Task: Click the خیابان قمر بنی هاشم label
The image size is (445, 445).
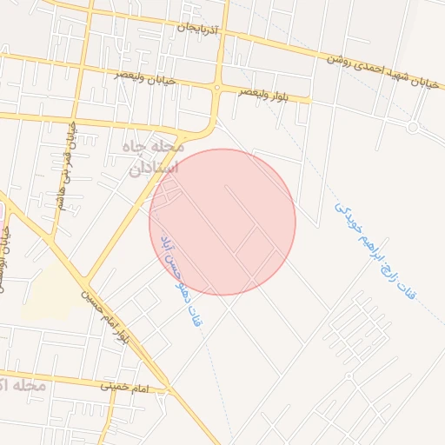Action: click(67, 156)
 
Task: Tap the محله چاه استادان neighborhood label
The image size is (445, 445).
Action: click(154, 156)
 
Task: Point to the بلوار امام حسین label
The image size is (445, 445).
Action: click(104, 317)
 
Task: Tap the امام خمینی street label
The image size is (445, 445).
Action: click(124, 385)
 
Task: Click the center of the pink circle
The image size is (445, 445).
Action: click(222, 222)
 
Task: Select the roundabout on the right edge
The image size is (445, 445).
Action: click(413, 127)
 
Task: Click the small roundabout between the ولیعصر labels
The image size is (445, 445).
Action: click(216, 87)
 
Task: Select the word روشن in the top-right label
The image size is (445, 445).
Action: click(342, 62)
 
